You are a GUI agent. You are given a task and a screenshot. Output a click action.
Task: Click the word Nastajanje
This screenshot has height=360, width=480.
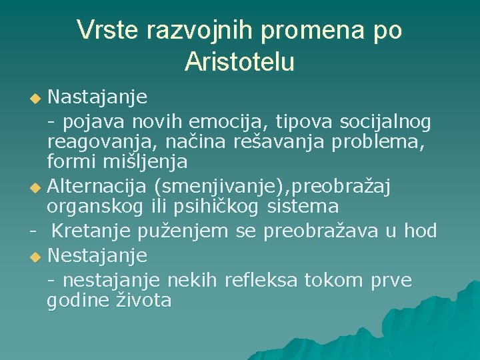coord(97,98)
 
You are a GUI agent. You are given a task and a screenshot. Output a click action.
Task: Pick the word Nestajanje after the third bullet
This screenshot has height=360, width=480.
coord(97,255)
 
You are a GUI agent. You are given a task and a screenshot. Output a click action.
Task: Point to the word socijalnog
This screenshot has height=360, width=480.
coord(385,121)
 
